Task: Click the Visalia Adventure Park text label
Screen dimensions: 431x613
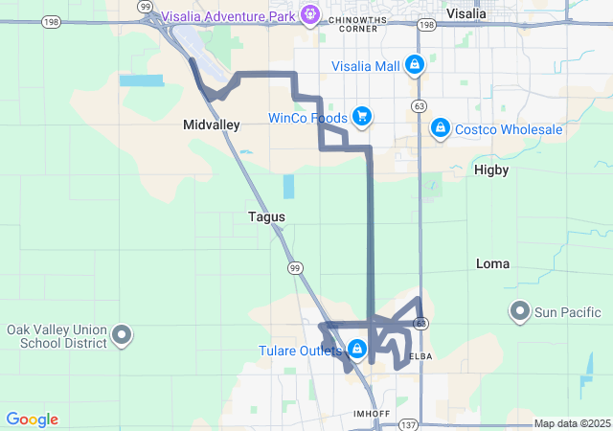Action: click(x=229, y=14)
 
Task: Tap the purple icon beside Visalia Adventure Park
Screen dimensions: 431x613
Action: click(x=309, y=14)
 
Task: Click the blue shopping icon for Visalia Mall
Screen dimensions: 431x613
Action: click(x=414, y=65)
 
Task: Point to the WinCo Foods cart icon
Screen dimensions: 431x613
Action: click(x=361, y=117)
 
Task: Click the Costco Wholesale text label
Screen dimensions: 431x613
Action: click(x=509, y=129)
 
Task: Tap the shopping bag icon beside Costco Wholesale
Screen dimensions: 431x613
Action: click(x=440, y=126)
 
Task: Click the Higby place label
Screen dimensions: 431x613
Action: click(x=491, y=170)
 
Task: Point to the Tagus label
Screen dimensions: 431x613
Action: click(x=266, y=217)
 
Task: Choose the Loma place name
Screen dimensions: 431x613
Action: click(x=493, y=263)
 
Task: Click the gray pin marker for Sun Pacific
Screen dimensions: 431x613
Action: click(x=520, y=311)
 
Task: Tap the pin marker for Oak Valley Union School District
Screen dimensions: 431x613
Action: click(x=122, y=335)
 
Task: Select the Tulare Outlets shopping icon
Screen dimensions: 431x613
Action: click(x=357, y=349)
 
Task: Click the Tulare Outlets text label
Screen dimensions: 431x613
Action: click(x=300, y=351)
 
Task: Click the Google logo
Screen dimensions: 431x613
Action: click(x=32, y=420)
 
